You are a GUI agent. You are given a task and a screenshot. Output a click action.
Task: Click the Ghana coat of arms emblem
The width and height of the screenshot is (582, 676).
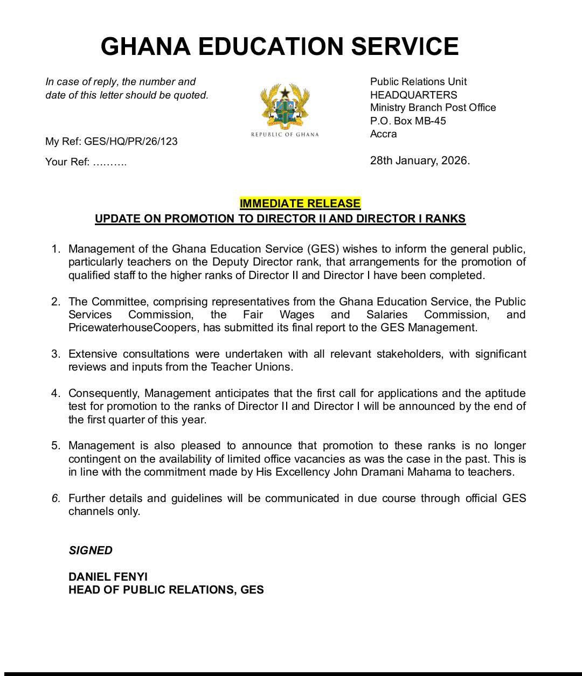point(285,106)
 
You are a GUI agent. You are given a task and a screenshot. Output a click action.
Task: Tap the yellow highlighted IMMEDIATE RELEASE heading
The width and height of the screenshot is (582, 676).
point(300,203)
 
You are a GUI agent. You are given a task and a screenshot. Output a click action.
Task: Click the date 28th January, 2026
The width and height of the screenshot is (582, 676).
point(420,161)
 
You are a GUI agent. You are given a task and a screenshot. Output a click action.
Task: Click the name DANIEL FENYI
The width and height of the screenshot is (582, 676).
point(108,576)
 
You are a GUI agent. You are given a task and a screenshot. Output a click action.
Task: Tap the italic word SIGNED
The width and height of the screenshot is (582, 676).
point(91,550)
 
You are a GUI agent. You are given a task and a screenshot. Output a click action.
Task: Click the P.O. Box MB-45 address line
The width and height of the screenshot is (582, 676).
point(408,121)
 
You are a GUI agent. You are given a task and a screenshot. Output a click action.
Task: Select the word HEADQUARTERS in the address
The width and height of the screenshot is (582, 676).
point(413,95)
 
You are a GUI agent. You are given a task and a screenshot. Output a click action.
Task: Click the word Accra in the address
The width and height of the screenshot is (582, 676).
point(383,134)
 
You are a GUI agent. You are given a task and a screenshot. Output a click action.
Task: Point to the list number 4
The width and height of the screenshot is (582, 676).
point(56,393)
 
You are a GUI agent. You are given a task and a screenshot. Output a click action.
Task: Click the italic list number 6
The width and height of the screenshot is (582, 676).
point(56,498)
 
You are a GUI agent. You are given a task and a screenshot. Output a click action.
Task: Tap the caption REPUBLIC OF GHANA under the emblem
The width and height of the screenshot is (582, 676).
point(285,134)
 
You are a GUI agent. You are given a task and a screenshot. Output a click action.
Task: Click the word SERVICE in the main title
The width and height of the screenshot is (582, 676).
point(405,46)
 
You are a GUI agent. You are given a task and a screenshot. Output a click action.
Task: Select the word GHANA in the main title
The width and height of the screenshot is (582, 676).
point(145,46)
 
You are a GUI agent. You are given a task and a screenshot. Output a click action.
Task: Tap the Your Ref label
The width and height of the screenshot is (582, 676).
point(67,162)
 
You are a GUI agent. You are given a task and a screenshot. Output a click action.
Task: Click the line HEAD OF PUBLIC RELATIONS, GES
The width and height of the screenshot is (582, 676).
point(166,590)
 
